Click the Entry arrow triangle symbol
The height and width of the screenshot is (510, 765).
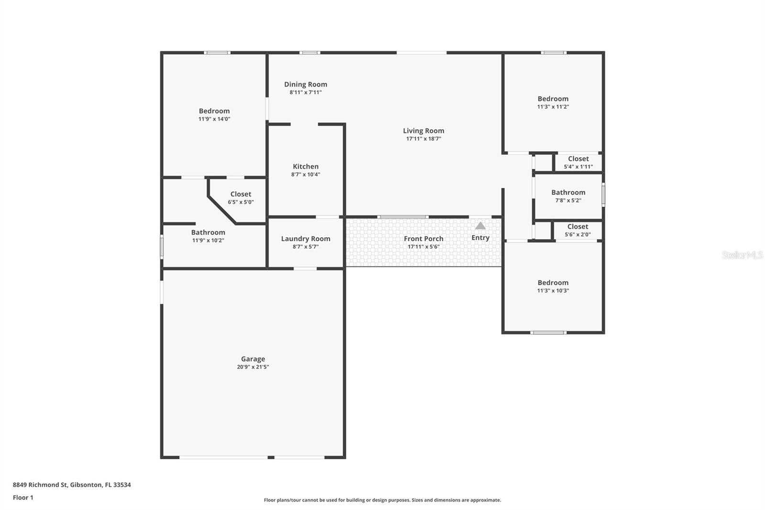point(480,226)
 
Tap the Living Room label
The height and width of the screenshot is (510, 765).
point(423,131)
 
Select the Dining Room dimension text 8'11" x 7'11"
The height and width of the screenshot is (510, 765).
point(306,92)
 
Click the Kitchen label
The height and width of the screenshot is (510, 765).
point(306,166)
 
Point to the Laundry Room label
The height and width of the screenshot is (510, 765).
point(306,239)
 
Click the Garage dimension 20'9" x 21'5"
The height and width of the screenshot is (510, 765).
point(253,367)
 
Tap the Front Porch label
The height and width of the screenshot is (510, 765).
point(423,239)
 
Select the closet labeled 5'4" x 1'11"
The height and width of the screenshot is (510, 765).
point(578,162)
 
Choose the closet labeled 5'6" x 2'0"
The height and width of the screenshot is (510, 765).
point(578,230)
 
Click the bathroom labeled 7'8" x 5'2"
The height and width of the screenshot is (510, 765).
point(568,196)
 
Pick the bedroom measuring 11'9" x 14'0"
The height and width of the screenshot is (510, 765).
point(214,115)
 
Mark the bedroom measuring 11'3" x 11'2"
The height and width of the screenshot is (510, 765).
point(553,102)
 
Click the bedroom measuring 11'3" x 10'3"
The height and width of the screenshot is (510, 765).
point(553,286)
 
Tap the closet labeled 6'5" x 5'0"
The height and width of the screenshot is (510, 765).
point(240,198)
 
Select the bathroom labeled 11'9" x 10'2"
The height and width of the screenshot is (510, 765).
point(208,236)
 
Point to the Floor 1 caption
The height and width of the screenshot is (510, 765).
point(23,498)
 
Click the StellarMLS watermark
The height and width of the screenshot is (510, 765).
point(742,255)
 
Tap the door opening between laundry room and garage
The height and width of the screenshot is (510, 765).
point(305,269)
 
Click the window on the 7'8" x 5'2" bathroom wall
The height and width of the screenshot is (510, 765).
point(603,195)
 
